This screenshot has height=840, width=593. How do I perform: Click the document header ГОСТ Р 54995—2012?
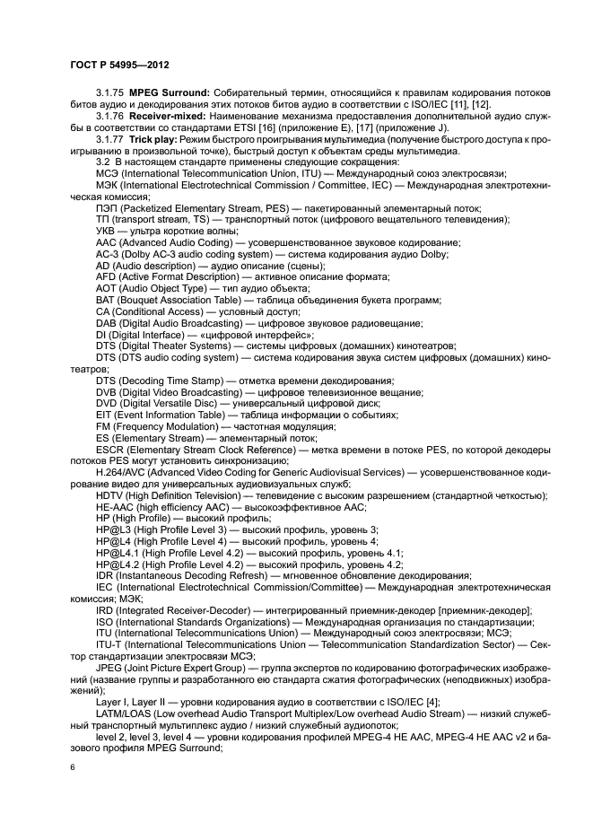122,66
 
